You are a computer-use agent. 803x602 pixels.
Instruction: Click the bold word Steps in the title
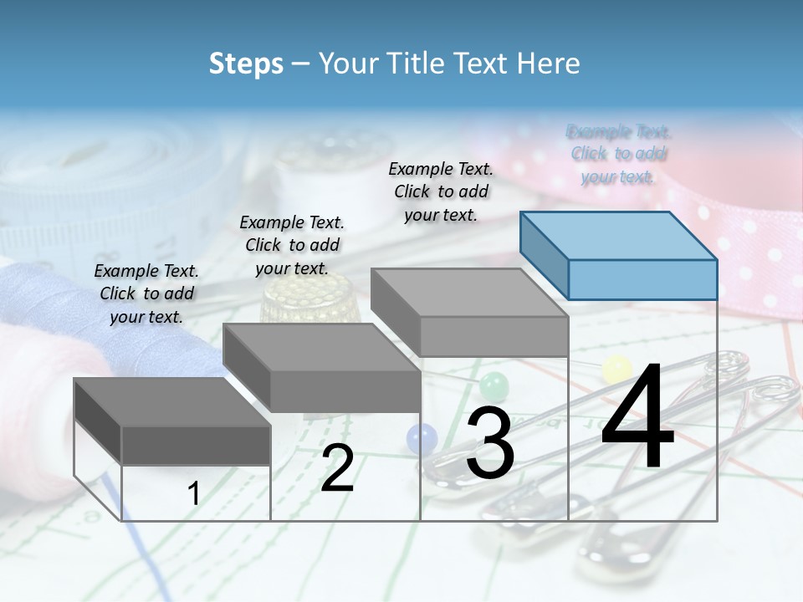pyautogui.click(x=246, y=64)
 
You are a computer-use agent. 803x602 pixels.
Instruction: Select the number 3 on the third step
pyautogui.click(x=489, y=443)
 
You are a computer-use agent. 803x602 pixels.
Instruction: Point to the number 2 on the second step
pyautogui.click(x=337, y=468)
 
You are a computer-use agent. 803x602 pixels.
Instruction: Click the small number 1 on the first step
pyautogui.click(x=193, y=493)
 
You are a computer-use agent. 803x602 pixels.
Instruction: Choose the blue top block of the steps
pyautogui.click(x=619, y=255)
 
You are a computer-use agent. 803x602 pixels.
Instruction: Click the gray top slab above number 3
pyautogui.click(x=470, y=311)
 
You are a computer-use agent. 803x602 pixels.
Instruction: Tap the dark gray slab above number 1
pyautogui.click(x=173, y=420)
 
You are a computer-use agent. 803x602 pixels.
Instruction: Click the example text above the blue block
pyautogui.click(x=618, y=154)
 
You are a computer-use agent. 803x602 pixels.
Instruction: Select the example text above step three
pyautogui.click(x=441, y=191)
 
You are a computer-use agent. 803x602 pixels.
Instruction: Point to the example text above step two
pyautogui.click(x=292, y=245)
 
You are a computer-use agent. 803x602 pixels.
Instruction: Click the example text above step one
pyautogui.click(x=146, y=293)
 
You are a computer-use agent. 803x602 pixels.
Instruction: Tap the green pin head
pyautogui.click(x=494, y=385)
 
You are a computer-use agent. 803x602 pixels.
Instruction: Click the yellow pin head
pyautogui.click(x=616, y=367)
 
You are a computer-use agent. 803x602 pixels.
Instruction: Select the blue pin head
pyautogui.click(x=422, y=437)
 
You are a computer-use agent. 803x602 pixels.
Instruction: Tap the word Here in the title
pyautogui.click(x=549, y=64)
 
